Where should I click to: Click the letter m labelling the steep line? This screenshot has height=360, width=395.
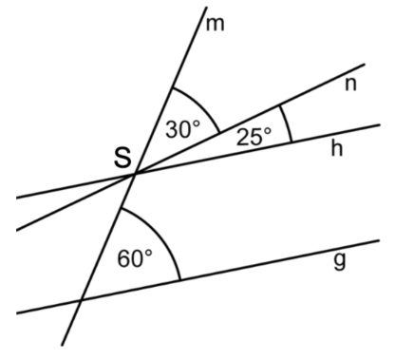coord(216,25)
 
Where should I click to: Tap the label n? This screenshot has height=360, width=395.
coord(350,85)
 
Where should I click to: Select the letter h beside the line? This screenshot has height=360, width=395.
coord(337,148)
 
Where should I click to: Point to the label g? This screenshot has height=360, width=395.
coord(340,262)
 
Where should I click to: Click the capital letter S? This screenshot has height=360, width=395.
coord(122,158)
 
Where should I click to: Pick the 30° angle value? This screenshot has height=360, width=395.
coord(183,129)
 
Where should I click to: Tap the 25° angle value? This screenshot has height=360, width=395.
coord(254,137)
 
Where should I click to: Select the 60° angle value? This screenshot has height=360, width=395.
coord(135,258)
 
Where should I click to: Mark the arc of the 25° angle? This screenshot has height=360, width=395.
coord(287,123)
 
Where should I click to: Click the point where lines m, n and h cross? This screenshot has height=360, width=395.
coord(136,174)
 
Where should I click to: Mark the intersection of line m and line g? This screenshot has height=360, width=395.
coord(81,299)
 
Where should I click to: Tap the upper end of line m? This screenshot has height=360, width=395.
coord(206,7)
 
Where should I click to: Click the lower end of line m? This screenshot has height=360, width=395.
coord(62,345)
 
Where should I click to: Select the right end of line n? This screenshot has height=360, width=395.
coord(365,65)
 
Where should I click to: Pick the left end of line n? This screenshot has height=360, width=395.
coord(17,230)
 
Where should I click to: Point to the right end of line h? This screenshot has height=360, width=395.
coord(380,125)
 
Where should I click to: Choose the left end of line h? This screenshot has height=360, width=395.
coord(17,198)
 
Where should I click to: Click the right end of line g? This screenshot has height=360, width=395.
coord(379,241)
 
